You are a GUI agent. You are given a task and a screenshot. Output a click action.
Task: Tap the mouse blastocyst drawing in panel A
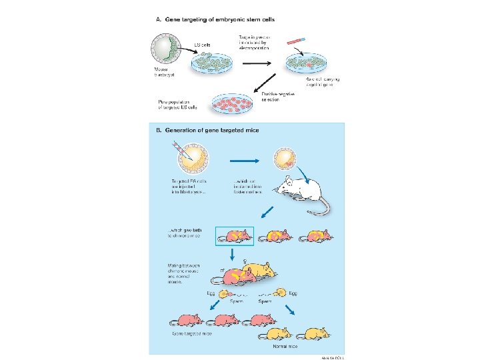167,52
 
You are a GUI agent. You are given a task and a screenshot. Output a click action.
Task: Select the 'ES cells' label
203,45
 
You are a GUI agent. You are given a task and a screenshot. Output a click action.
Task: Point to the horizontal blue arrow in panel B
240,160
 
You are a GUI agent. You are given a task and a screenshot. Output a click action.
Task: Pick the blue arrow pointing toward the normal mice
291,310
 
